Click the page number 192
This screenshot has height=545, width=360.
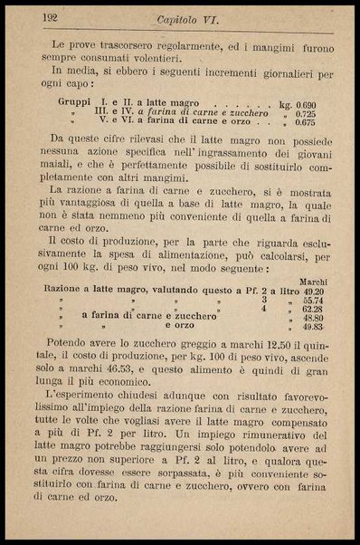click(51, 17)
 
